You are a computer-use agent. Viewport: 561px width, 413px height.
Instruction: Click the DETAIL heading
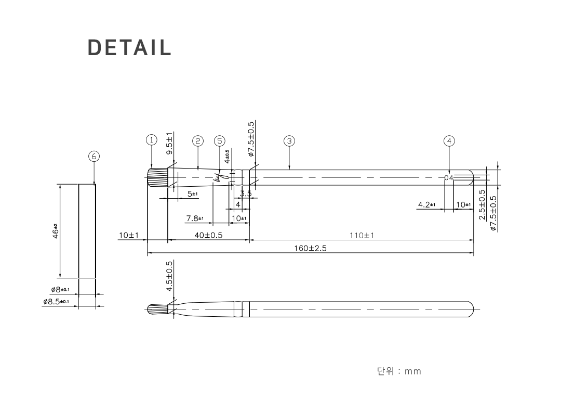click(129, 47)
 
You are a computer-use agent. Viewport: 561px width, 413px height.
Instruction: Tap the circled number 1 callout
click(151, 140)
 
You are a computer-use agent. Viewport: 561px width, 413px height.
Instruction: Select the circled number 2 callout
click(197, 140)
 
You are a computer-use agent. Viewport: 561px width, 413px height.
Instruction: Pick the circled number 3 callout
click(289, 140)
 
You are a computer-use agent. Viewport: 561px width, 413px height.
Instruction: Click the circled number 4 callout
click(449, 140)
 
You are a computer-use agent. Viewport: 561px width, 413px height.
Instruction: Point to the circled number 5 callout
click(220, 140)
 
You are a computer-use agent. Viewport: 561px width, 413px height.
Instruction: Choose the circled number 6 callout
click(94, 156)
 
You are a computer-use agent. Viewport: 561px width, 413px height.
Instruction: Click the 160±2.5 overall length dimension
click(310, 248)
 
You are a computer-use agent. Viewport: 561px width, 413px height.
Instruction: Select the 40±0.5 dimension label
click(208, 236)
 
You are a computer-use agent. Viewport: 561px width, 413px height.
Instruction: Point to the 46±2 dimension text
click(55, 231)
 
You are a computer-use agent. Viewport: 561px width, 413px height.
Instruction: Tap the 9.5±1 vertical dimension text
click(170, 144)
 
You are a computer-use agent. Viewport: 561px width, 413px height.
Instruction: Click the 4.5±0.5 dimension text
click(170, 276)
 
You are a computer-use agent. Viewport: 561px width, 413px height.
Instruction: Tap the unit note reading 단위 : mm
click(399, 371)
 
